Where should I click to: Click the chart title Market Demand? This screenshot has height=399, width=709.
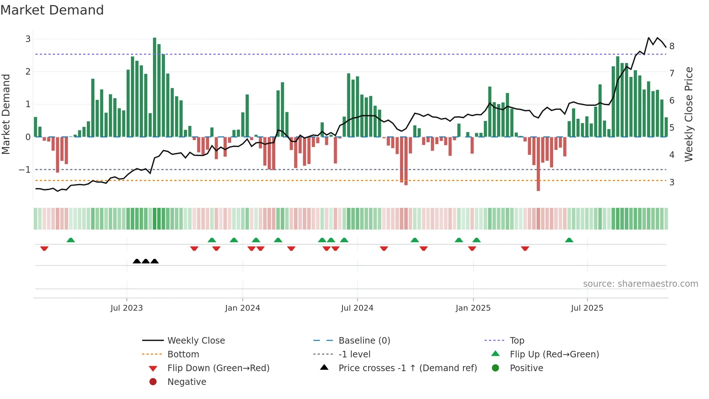(x=52, y=10)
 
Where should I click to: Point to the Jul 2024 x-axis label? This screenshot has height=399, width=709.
(x=357, y=308)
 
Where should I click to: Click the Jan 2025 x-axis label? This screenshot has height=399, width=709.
(x=473, y=308)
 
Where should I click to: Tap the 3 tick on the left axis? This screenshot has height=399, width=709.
(x=28, y=39)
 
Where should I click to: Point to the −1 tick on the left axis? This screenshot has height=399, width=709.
(x=25, y=169)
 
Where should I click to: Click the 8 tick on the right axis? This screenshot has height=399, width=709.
(x=672, y=46)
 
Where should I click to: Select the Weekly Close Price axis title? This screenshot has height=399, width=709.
(x=689, y=114)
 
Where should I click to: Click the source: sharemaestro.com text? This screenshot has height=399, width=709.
(x=640, y=283)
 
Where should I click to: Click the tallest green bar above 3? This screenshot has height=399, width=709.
(x=154, y=87)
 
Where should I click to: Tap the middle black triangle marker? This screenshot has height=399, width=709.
(x=146, y=261)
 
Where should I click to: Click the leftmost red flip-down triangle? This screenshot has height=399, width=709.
(x=44, y=248)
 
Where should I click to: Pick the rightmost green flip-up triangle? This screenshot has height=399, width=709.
(x=569, y=240)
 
